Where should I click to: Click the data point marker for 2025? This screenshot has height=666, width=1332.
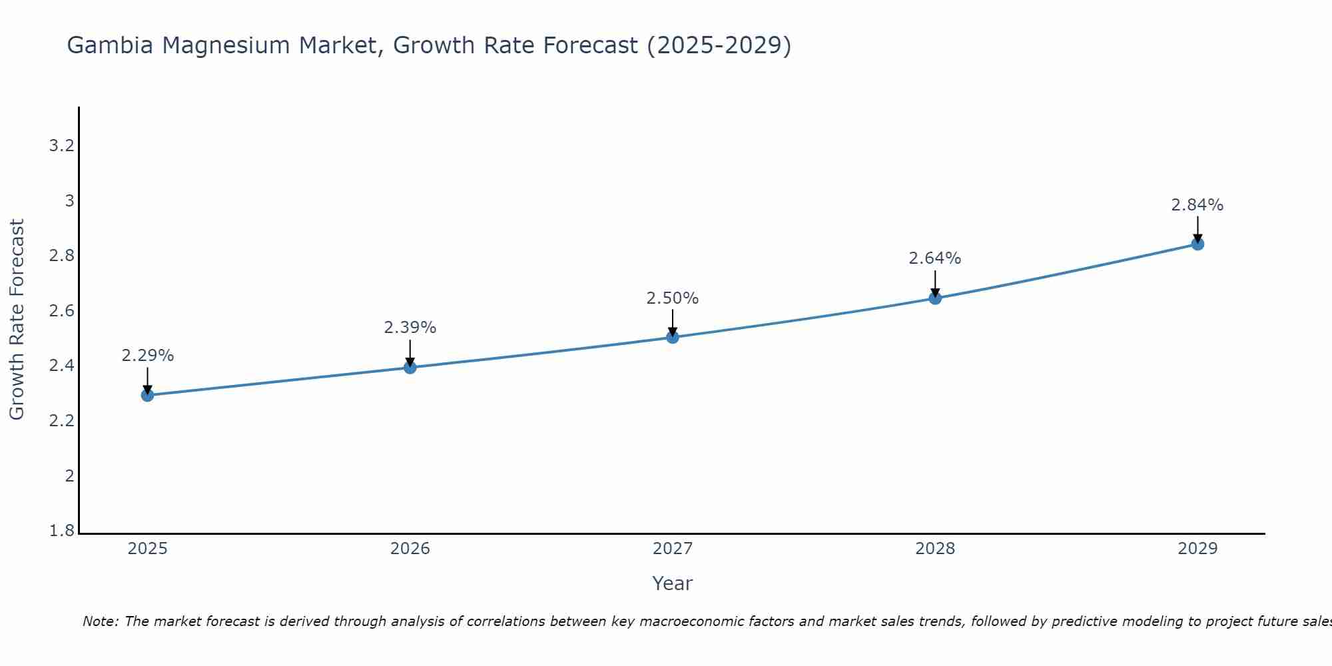click(x=147, y=395)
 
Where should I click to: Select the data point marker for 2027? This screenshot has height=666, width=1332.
click(x=672, y=337)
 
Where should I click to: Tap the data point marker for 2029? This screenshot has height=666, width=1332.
click(x=1197, y=244)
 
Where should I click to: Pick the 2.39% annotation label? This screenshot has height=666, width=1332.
click(x=410, y=328)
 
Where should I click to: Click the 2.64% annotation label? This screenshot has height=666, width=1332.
click(x=934, y=258)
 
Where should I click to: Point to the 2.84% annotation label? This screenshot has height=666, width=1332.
click(x=1197, y=205)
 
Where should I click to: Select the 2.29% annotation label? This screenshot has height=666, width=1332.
click(x=147, y=356)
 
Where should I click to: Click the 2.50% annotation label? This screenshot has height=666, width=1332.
click(x=672, y=298)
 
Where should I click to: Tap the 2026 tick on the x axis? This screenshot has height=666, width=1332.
click(x=410, y=549)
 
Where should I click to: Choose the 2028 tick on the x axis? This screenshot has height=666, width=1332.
click(x=934, y=549)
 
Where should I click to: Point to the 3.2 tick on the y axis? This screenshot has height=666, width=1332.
click(x=61, y=146)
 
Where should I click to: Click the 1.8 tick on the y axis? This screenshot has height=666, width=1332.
click(x=61, y=531)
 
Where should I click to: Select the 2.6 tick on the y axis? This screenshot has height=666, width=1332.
click(x=61, y=311)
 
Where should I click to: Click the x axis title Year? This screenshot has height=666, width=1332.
click(x=672, y=583)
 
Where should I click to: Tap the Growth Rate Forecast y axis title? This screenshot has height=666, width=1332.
click(x=17, y=320)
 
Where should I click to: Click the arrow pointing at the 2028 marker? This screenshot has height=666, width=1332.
click(x=934, y=284)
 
